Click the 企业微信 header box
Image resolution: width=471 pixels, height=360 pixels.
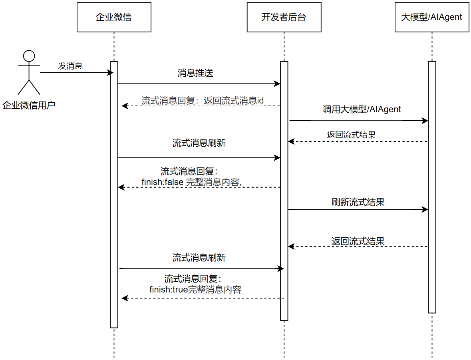click(x=114, y=17)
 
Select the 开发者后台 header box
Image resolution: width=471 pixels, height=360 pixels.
click(x=284, y=17)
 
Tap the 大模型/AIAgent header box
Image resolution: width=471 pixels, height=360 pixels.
click(x=431, y=17)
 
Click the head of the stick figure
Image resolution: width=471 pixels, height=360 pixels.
click(x=29, y=56)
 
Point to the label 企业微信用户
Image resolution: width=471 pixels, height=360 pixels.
click(x=29, y=105)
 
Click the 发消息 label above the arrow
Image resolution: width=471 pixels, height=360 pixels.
click(x=70, y=66)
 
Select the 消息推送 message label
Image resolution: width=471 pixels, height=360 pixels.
click(x=195, y=73)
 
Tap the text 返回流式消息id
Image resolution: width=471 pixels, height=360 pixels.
click(x=234, y=101)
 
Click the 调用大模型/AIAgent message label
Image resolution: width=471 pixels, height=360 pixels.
click(x=362, y=109)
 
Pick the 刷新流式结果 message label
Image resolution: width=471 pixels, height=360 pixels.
click(x=358, y=202)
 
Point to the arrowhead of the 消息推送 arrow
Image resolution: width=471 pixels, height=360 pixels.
click(x=277, y=84)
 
